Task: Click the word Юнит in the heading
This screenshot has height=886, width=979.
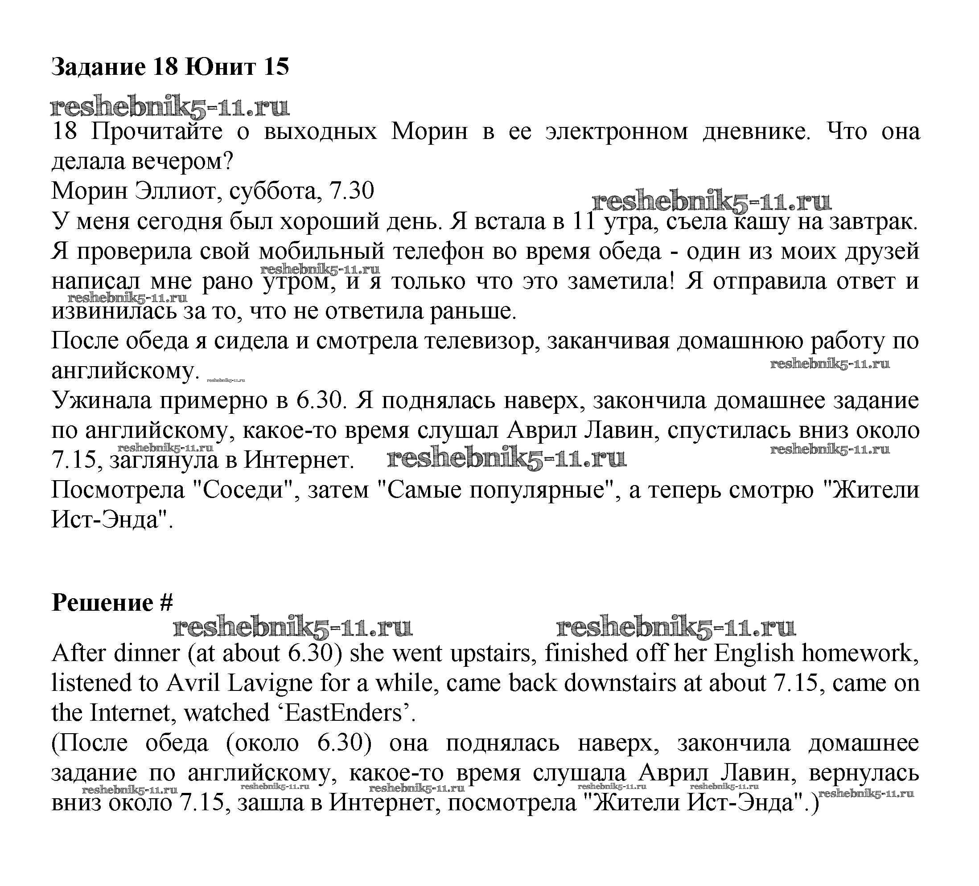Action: pyautogui.click(x=219, y=66)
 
